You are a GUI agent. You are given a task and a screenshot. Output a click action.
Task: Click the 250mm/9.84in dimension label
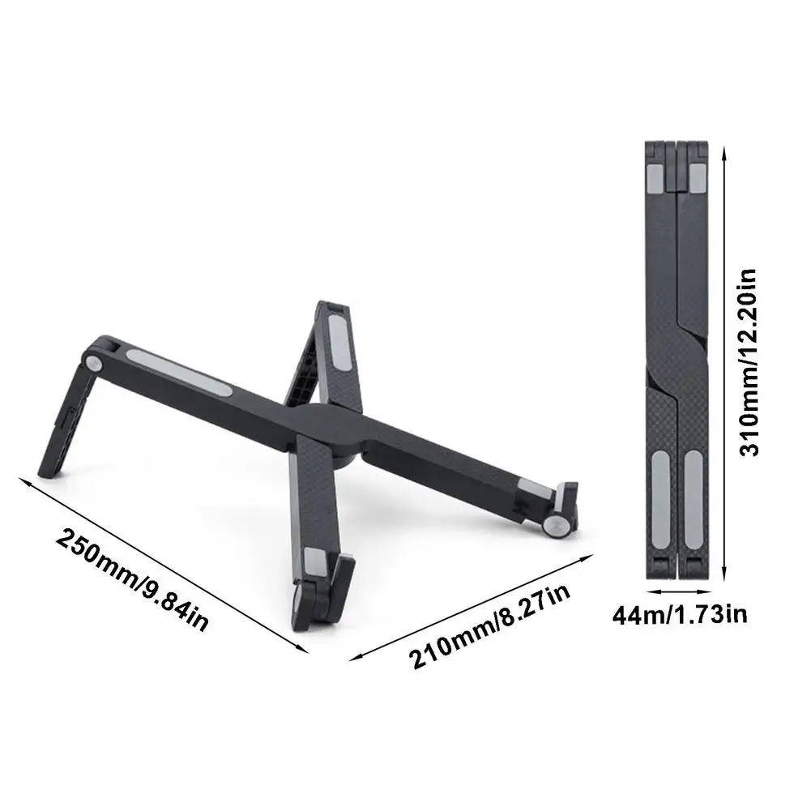point(132,579)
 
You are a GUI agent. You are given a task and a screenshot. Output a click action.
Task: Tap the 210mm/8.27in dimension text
point(489,626)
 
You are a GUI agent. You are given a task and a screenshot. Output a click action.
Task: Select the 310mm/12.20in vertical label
point(749,362)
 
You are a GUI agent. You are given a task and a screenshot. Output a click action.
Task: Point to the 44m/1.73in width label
point(680,615)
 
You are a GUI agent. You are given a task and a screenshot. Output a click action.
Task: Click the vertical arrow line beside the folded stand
point(724,364)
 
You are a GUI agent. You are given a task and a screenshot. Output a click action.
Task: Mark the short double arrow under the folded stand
point(678,591)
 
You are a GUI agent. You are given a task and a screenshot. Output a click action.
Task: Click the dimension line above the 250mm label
point(164,566)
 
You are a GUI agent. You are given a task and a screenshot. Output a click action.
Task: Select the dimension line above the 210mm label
point(472,608)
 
